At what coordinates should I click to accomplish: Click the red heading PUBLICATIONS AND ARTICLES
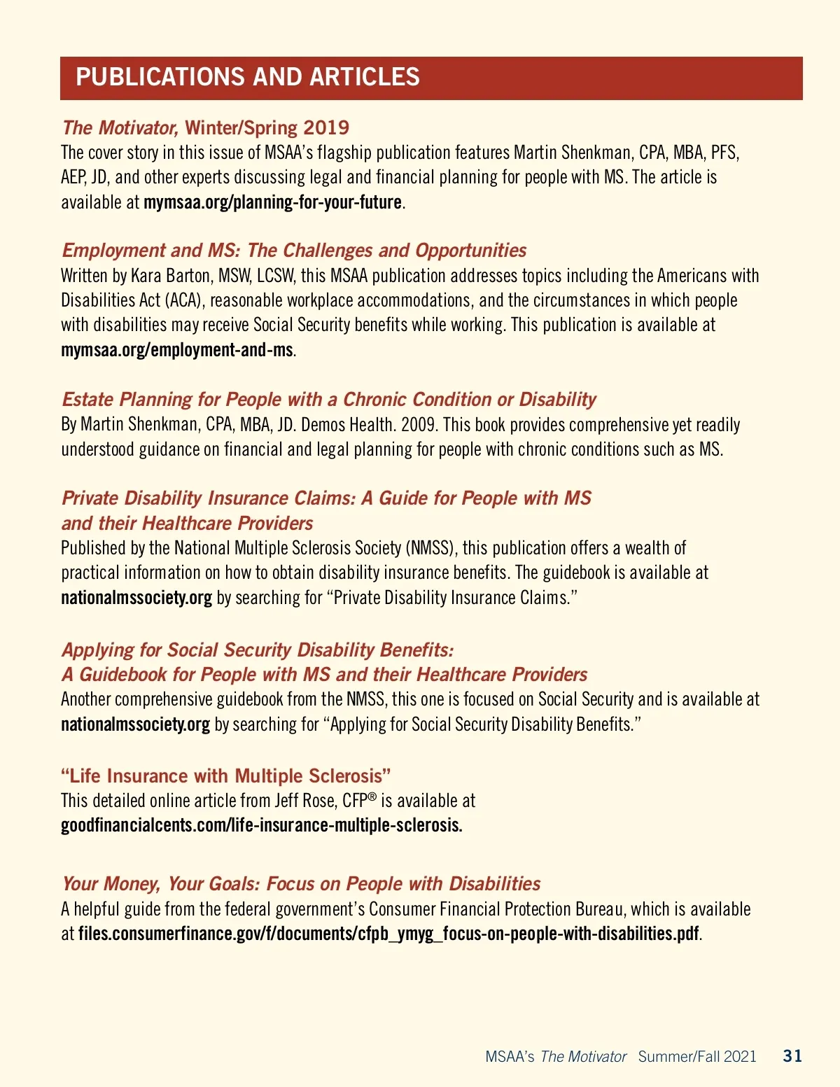(248, 77)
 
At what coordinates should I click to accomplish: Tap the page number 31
(792, 1056)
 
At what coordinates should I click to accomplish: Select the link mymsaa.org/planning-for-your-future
(272, 202)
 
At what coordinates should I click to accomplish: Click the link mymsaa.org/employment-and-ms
(176, 350)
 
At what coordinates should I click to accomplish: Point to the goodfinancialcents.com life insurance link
(261, 825)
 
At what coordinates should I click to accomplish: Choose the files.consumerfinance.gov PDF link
(388, 934)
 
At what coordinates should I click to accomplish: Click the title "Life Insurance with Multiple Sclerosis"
(225, 776)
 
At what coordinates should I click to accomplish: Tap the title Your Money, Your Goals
(301, 883)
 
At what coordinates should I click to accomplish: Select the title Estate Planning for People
(329, 400)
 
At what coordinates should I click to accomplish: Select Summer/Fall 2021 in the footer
(697, 1056)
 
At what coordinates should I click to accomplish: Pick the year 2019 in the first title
(326, 127)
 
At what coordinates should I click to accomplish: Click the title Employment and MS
(294, 251)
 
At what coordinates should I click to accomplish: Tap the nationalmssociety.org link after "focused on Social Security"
(135, 724)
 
